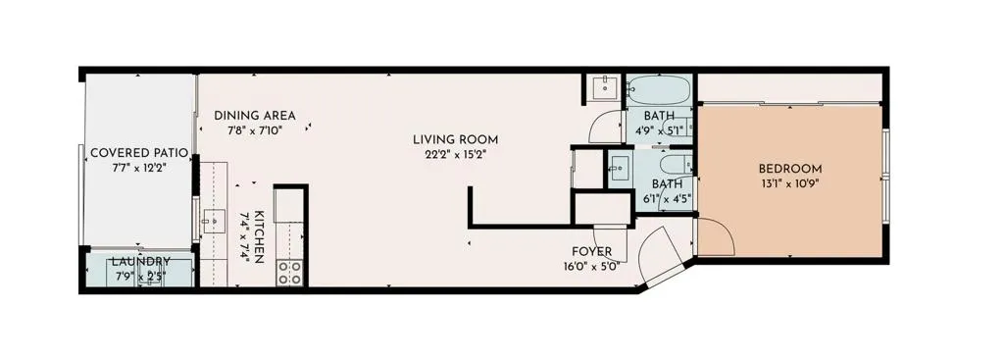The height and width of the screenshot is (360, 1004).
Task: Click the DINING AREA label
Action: tap(255, 116)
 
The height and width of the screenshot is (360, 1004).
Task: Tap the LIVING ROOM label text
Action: tap(456, 139)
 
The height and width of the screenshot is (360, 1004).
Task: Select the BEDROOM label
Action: tap(790, 169)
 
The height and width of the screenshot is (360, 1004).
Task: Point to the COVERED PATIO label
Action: tap(132, 153)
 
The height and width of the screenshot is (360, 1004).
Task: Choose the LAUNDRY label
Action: tap(139, 262)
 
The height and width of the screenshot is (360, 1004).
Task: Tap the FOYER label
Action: tap(592, 250)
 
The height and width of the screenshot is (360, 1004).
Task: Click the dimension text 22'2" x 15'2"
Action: tap(456, 154)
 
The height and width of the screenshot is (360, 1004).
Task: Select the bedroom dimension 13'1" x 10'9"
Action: tap(790, 183)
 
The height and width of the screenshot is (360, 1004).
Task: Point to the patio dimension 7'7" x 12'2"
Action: tap(132, 169)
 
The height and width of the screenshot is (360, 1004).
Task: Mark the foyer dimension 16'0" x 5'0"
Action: tap(592, 266)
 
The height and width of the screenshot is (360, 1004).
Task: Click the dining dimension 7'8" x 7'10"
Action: tap(255, 129)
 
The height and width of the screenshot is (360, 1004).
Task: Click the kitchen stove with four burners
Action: tap(290, 272)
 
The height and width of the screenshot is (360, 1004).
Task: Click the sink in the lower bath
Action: tap(619, 168)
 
